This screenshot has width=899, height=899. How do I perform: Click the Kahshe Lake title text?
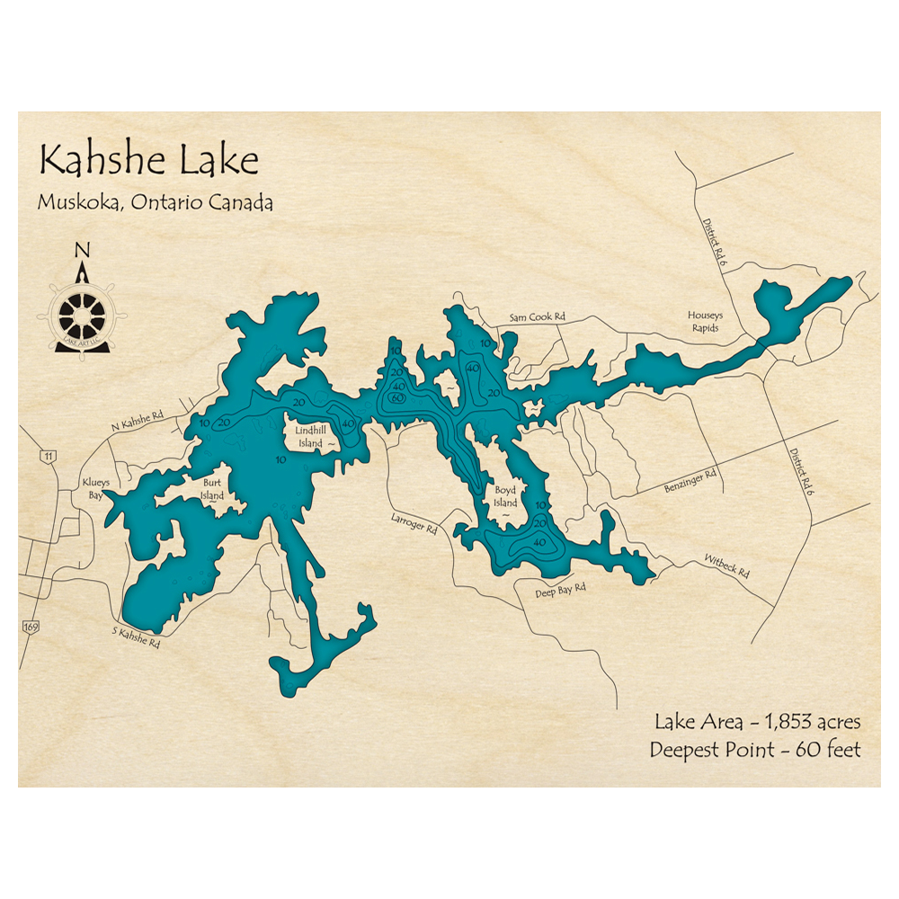point(148,161)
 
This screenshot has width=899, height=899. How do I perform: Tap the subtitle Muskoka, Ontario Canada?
point(155,202)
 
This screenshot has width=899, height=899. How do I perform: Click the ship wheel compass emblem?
point(82,316)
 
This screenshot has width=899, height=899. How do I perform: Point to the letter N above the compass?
point(82,250)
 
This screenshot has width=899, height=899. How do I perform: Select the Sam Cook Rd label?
point(537,317)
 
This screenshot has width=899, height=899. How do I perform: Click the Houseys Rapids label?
point(705,321)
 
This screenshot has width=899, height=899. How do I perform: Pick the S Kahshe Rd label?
point(136,637)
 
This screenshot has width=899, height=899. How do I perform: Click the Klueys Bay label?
point(96,488)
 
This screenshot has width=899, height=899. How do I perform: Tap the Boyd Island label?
point(505,497)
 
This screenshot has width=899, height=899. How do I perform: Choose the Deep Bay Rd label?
point(561,589)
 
